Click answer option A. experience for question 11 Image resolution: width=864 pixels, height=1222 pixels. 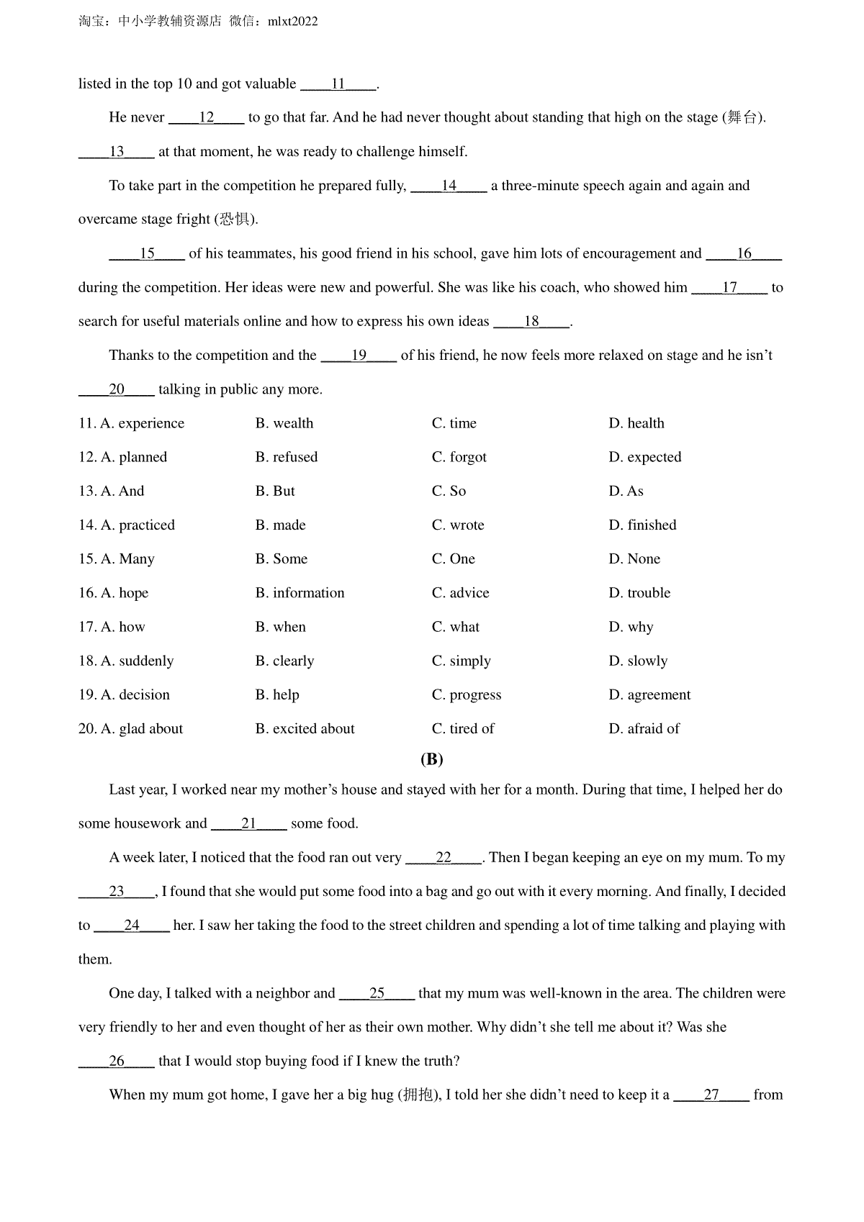(x=142, y=423)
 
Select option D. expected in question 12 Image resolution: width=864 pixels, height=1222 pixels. (x=644, y=457)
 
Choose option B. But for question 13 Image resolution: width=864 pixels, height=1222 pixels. (x=275, y=491)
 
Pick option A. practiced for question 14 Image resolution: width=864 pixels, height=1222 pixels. (x=138, y=525)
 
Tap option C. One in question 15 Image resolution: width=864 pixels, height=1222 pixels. (x=454, y=559)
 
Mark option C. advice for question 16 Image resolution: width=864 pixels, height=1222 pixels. (x=460, y=593)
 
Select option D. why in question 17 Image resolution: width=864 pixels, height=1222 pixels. (x=631, y=627)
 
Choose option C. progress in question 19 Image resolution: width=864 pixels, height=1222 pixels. (x=467, y=694)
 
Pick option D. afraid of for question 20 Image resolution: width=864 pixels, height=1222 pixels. (x=644, y=728)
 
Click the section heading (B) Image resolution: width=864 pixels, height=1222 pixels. (x=431, y=759)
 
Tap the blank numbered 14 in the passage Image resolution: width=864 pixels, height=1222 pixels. (x=449, y=186)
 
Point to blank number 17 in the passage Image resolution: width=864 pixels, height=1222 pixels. (x=729, y=288)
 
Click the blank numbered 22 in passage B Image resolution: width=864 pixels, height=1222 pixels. (x=444, y=858)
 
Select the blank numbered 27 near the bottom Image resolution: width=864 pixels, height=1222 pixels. (x=711, y=1095)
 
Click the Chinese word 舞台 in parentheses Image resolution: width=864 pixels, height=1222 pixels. (x=742, y=117)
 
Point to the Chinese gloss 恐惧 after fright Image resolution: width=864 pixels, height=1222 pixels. (x=235, y=219)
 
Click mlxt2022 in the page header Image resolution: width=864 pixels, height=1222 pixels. (x=292, y=22)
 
